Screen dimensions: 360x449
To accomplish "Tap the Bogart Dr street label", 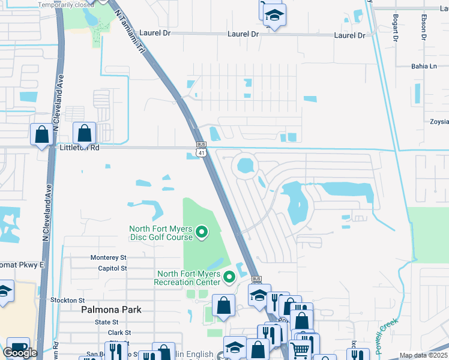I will point(396,28).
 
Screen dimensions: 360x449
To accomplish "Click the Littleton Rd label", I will point(79,147).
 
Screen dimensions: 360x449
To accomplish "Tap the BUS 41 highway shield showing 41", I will point(202,154).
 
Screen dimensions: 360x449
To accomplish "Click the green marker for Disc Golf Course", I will point(202,231).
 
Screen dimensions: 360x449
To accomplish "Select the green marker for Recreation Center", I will point(229,277).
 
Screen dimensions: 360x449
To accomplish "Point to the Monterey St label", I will point(109,257).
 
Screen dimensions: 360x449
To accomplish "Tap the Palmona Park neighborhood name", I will point(112,310).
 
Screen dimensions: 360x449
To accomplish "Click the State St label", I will point(107,322).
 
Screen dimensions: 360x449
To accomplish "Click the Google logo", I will point(19,353).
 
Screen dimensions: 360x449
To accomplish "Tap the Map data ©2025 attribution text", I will point(423,355).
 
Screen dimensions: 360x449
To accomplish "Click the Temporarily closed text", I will point(66,5).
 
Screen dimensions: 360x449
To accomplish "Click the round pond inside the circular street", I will point(245,165).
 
